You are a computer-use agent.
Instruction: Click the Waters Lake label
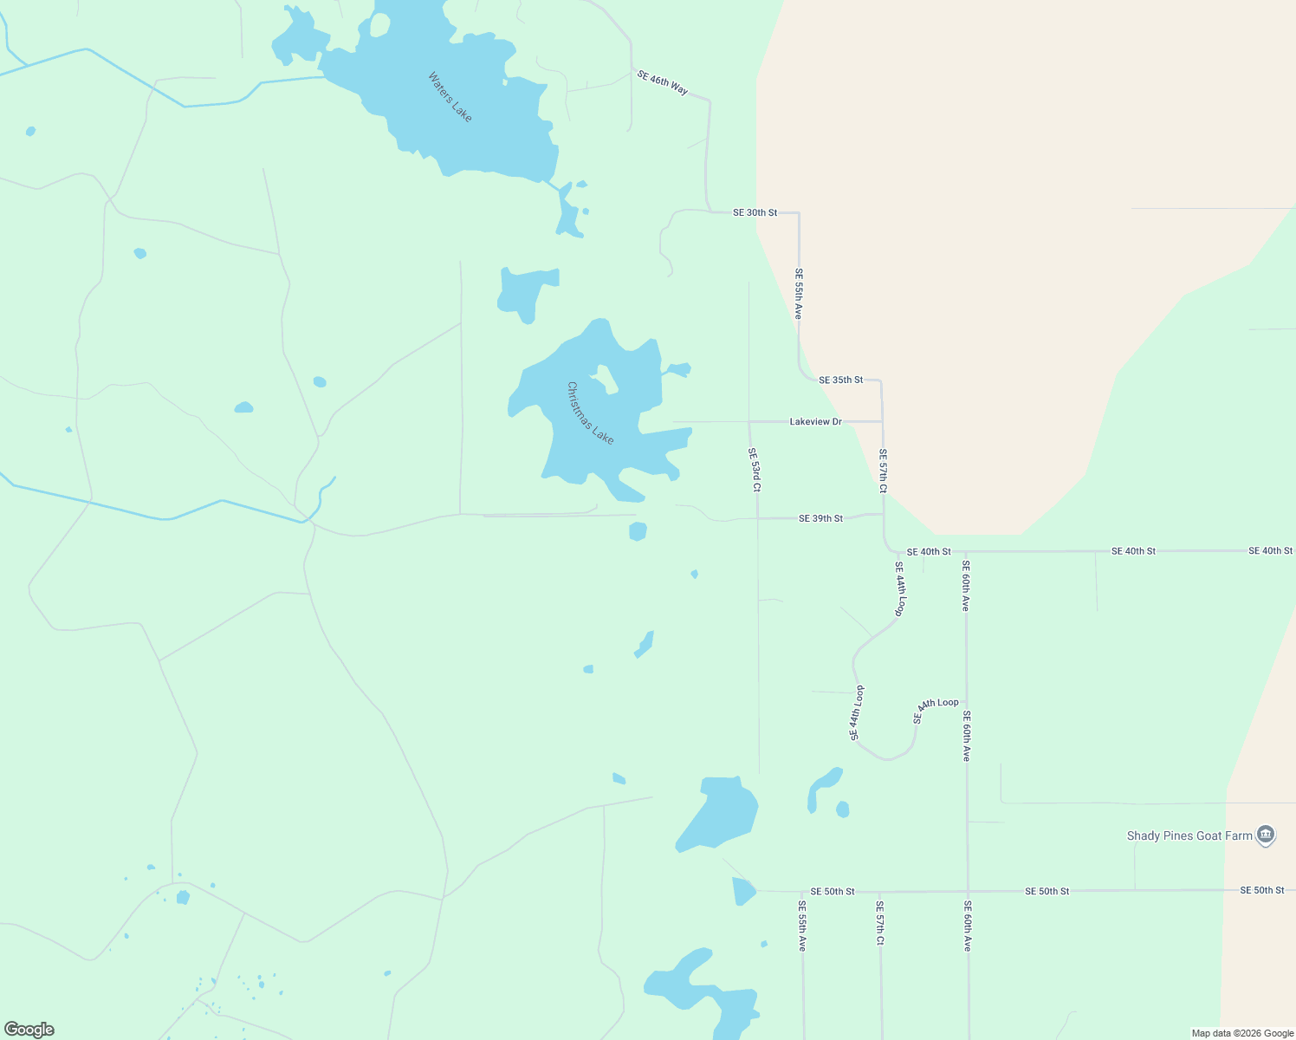pos(450,97)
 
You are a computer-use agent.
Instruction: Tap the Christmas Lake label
pos(590,413)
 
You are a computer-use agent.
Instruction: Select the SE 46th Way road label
pos(663,82)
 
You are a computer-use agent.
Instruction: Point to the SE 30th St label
pos(755,212)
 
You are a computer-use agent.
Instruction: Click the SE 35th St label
pos(840,380)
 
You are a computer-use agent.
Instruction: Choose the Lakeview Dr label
pos(815,422)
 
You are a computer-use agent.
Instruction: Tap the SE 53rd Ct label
pos(755,470)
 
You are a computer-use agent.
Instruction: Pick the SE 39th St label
pos(820,518)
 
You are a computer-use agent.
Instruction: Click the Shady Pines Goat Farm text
pos(1189,836)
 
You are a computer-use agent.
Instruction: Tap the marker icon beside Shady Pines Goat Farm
pos(1266,835)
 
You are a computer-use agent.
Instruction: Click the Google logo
pos(29,1030)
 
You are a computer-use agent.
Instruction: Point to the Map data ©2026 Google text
pos(1241,1033)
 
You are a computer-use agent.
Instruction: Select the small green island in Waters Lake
pos(379,25)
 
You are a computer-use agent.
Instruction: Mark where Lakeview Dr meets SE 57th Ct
pos(882,422)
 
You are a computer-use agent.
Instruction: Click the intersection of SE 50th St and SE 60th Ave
pos(968,891)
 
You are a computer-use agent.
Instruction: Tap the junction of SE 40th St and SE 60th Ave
pos(965,551)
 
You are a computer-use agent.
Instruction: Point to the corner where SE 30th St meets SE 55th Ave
pos(798,213)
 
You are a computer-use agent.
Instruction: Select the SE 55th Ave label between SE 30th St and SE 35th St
pos(799,293)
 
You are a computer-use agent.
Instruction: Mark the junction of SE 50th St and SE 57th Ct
pos(879,891)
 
